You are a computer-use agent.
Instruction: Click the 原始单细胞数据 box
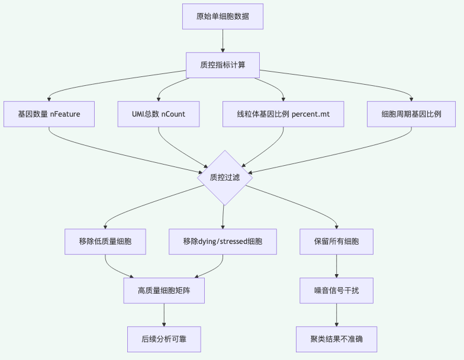coord(223,17)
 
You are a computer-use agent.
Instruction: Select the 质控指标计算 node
coord(223,65)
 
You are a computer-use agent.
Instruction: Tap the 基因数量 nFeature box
coord(49,114)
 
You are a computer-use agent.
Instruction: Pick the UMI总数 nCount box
coord(159,114)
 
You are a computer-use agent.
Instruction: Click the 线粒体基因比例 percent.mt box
coord(283,114)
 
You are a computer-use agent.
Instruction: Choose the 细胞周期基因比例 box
coord(411,114)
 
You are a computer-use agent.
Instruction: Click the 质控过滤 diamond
coord(225,178)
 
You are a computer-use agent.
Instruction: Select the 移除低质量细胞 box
coord(105,242)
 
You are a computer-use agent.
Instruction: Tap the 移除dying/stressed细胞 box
coord(223,242)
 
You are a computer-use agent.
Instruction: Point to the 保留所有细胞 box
coord(336,242)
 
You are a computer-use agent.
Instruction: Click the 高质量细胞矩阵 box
coord(164,290)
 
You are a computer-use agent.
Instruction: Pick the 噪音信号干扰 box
coord(336,290)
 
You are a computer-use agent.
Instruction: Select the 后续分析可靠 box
coord(164,339)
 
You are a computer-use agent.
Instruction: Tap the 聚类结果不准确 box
coord(336,339)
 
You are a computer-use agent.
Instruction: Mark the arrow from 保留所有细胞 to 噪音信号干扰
coord(336,266)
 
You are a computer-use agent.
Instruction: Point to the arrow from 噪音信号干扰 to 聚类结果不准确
coord(336,315)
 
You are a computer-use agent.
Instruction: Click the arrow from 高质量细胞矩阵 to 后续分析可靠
coord(164,315)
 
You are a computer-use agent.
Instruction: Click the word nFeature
coord(65,114)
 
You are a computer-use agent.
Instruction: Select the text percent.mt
coord(311,114)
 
